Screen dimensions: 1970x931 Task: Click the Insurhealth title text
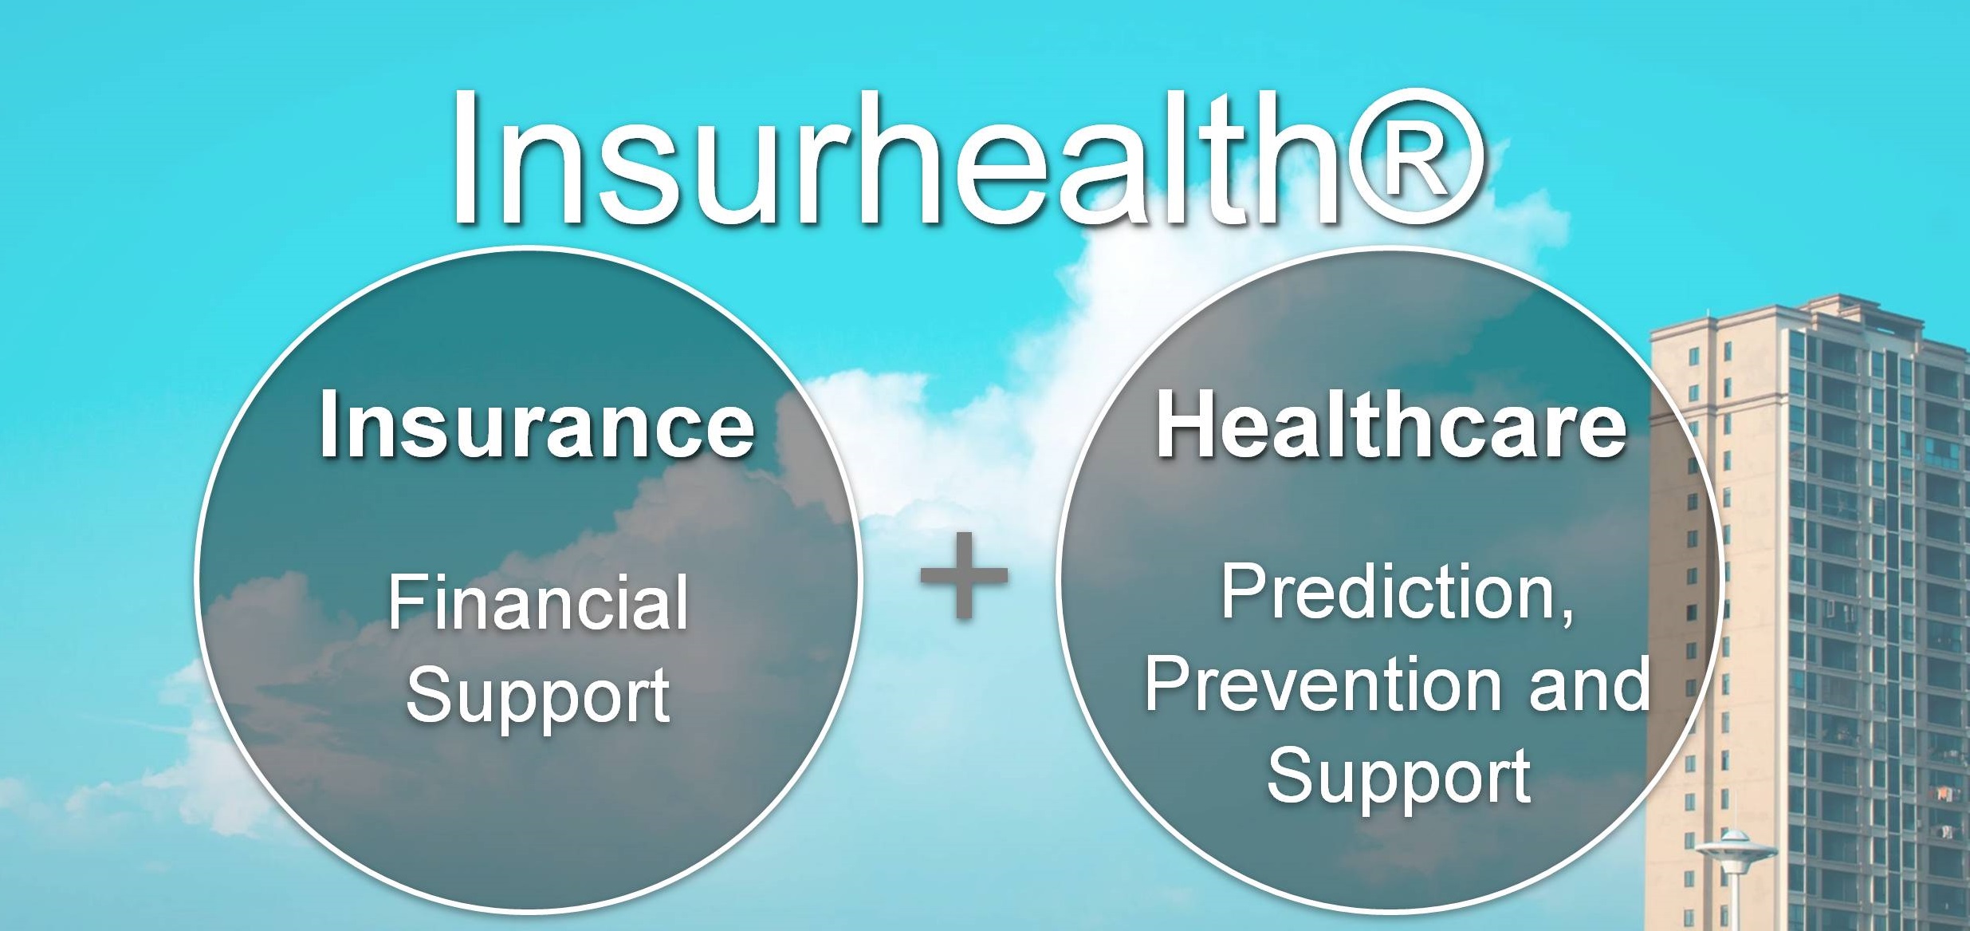click(x=966, y=157)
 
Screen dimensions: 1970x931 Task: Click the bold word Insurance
click(x=537, y=424)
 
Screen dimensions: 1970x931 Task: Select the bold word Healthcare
click(x=1391, y=424)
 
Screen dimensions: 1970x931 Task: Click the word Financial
click(x=538, y=602)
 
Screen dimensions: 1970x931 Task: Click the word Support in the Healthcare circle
click(x=1399, y=777)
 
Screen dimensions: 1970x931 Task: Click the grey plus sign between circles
click(x=964, y=575)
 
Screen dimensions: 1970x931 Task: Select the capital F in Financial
click(x=407, y=603)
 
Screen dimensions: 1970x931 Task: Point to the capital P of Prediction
click(x=1245, y=591)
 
